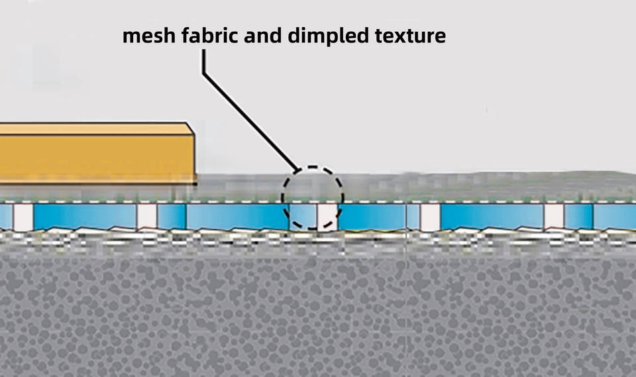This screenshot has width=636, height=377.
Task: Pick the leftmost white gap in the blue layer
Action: pyautogui.click(x=23, y=217)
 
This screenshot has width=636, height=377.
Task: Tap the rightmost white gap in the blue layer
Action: pyautogui.click(x=554, y=217)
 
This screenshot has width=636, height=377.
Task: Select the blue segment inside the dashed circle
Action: pyautogui.click(x=302, y=216)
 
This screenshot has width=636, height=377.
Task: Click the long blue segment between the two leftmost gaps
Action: pyautogui.click(x=85, y=217)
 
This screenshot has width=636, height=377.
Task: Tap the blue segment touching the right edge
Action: pyautogui.click(x=614, y=217)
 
